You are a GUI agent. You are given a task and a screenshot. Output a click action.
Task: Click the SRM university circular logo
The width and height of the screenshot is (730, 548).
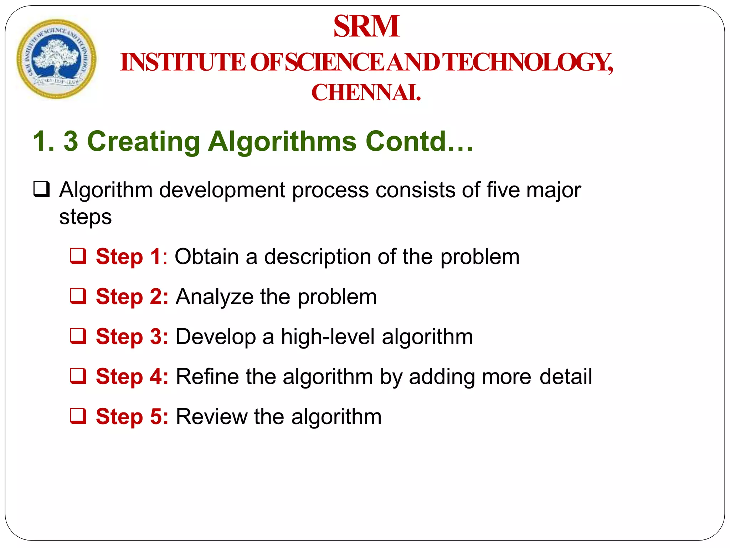coord(56,59)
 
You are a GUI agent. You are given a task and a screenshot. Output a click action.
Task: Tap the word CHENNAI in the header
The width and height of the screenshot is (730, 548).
coord(366,93)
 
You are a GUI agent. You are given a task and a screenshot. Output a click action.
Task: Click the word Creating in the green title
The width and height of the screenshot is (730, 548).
coord(144,142)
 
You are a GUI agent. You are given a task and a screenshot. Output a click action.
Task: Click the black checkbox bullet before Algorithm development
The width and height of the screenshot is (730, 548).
coord(41,190)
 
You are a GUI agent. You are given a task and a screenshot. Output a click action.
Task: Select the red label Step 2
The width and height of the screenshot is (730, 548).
coord(132,297)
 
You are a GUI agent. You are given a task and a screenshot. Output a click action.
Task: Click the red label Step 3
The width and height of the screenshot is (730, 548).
coord(132,337)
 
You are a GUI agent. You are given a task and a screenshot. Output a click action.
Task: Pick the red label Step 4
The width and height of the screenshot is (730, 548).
coord(132,377)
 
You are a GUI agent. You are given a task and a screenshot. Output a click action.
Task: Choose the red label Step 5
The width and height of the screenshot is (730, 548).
coord(132,417)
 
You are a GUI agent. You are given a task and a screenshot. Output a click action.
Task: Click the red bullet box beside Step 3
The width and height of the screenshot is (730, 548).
coord(78,336)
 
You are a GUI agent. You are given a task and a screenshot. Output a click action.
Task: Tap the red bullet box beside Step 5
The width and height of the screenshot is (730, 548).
coord(78,416)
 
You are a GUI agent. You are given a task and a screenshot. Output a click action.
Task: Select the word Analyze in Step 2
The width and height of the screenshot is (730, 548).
coord(214,297)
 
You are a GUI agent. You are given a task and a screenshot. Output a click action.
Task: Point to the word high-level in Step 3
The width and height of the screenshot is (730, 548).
coord(328,337)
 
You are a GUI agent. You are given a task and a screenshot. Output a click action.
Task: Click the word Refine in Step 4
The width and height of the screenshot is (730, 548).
coord(207,377)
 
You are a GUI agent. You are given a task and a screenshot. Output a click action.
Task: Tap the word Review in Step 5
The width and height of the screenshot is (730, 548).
coord(212,417)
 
